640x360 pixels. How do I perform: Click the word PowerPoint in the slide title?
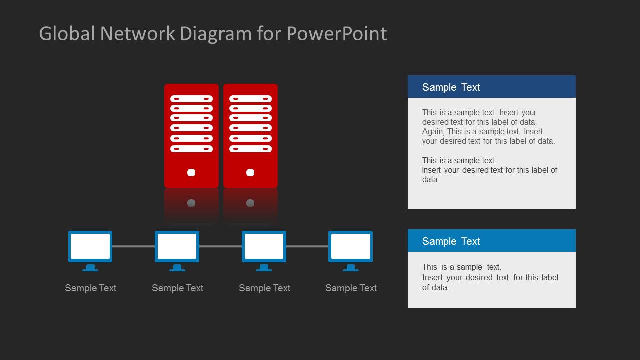(336, 34)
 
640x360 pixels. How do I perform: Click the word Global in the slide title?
(67, 34)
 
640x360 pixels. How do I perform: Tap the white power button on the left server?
(191, 173)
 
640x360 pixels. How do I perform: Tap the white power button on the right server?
(250, 173)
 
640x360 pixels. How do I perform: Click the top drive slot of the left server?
(191, 99)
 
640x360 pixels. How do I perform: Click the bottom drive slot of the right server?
(250, 149)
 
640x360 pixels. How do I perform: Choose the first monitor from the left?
(90, 246)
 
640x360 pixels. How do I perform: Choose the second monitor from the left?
(177, 246)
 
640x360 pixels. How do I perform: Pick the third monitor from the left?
(264, 246)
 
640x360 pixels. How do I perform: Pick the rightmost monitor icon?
(350, 246)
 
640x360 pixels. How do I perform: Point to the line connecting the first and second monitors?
(133, 246)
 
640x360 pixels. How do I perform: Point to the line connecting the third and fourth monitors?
(307, 246)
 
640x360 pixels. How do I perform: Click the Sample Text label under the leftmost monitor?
(90, 288)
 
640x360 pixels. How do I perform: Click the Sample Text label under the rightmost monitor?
(351, 288)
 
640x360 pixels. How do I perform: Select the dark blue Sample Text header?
(491, 87)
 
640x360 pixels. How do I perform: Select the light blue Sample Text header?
(491, 241)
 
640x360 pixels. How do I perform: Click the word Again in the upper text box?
(432, 132)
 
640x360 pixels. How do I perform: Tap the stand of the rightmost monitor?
(350, 268)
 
